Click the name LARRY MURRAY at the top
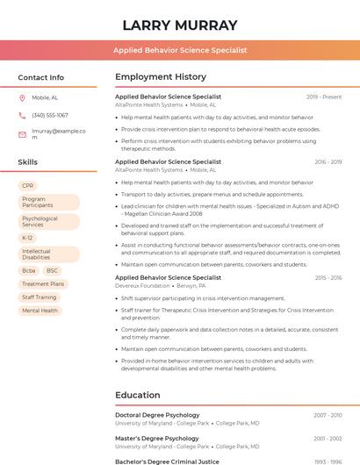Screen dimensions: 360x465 click(180, 25)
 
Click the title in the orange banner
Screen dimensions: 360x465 click(180, 51)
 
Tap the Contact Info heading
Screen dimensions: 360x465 click(40, 77)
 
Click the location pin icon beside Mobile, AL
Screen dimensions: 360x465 click(22, 97)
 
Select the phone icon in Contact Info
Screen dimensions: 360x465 click(22, 115)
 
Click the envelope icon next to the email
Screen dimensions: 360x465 click(22, 134)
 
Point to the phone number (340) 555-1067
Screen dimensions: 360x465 click(50, 115)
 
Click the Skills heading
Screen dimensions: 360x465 click(27, 162)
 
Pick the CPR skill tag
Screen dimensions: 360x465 click(28, 186)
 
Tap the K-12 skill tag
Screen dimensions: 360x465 click(28, 238)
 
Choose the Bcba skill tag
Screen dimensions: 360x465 click(29, 271)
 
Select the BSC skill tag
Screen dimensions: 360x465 click(53, 271)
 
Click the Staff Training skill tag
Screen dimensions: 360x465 click(40, 297)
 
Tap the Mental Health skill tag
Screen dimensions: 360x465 click(40, 311)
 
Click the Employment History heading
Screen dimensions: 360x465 click(161, 77)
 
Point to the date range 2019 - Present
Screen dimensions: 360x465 click(324, 97)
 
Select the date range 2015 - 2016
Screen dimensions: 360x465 click(328, 278)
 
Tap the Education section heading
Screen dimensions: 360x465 click(138, 395)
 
